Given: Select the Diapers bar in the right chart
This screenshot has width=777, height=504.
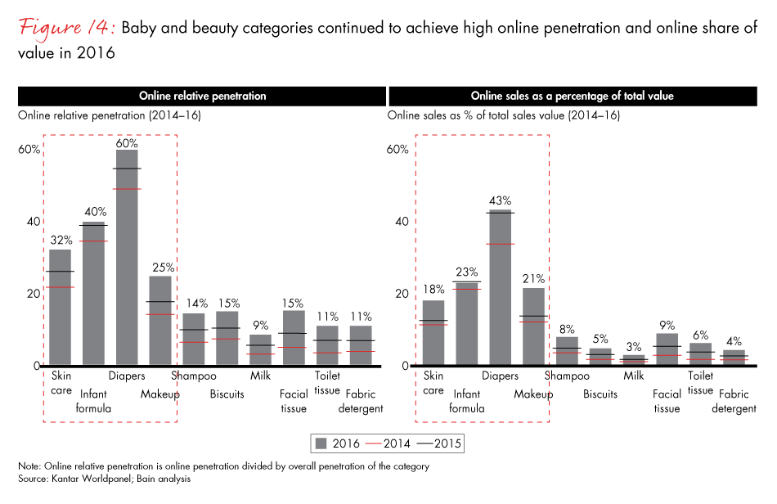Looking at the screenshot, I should pyautogui.click(x=500, y=287).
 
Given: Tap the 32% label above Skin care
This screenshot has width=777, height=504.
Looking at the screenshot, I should pyautogui.click(x=61, y=241).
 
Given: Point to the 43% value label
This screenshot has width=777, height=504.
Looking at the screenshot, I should pyautogui.click(x=500, y=200).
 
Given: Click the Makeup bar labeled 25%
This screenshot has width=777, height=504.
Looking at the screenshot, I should pyautogui.click(x=160, y=320).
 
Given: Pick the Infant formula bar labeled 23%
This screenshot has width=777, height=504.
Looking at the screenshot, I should pyautogui.click(x=467, y=323).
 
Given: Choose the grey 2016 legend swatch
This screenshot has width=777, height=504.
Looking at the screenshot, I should pyautogui.click(x=321, y=444).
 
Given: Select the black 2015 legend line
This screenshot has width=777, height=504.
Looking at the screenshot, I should pyautogui.click(x=422, y=444).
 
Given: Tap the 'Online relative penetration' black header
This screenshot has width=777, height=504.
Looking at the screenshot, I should pyautogui.click(x=202, y=96).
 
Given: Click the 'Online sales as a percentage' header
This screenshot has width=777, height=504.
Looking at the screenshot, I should pyautogui.click(x=572, y=96).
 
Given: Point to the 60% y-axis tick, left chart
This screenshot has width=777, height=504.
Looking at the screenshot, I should pyautogui.click(x=29, y=149).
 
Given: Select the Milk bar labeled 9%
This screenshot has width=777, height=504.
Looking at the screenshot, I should pyautogui.click(x=260, y=349).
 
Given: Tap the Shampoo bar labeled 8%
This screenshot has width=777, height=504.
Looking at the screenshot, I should pyautogui.click(x=567, y=351).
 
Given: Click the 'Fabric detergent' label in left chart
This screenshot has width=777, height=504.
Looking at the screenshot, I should pyautogui.click(x=361, y=401).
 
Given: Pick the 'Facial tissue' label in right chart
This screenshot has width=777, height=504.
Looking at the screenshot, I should pyautogui.click(x=667, y=401).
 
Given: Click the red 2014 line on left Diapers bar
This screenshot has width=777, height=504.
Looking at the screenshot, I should pyautogui.click(x=127, y=189).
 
